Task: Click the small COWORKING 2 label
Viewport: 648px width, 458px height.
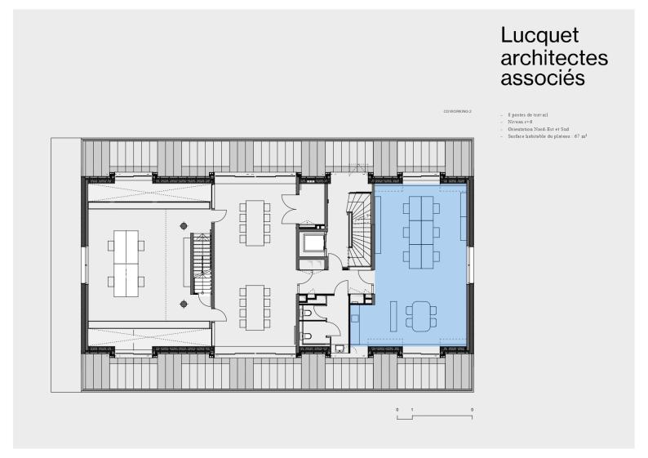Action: pos(457,109)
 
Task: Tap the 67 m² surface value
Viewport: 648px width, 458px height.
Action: pos(581,136)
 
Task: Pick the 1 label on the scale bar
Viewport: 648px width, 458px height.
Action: pos(412,408)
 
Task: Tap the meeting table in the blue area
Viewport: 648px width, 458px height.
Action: pos(420,316)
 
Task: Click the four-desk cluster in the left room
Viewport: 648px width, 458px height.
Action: pos(126,264)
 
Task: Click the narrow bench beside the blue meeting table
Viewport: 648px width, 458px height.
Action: pos(393,315)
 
